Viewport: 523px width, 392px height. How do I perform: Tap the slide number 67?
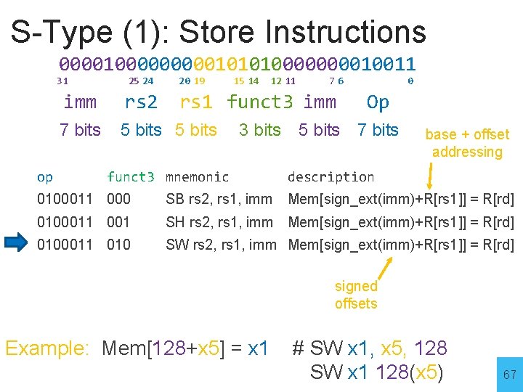click(x=510, y=375)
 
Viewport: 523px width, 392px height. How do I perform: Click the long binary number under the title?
click(x=237, y=65)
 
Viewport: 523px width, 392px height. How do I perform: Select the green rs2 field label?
click(x=142, y=102)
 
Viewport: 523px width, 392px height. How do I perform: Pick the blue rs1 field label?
click(x=197, y=102)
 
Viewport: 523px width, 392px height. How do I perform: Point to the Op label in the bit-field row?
click(x=378, y=102)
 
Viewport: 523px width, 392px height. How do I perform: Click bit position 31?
click(x=62, y=81)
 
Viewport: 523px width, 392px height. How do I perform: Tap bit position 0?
click(x=410, y=81)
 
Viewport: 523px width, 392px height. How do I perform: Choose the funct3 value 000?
click(x=118, y=199)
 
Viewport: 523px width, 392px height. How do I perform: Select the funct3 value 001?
click(x=118, y=222)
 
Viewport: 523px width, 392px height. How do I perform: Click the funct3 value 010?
click(x=118, y=245)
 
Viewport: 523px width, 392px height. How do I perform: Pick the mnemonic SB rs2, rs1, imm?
click(x=219, y=199)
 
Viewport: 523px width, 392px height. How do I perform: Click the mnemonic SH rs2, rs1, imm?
click(x=219, y=222)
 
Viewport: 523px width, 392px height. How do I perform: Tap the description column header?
click(x=331, y=177)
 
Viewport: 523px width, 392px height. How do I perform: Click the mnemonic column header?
click(x=197, y=177)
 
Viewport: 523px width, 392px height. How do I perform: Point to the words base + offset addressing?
click(x=467, y=143)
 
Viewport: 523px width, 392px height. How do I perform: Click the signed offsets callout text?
click(x=356, y=295)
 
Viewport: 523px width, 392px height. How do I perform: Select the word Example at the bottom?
click(x=46, y=348)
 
